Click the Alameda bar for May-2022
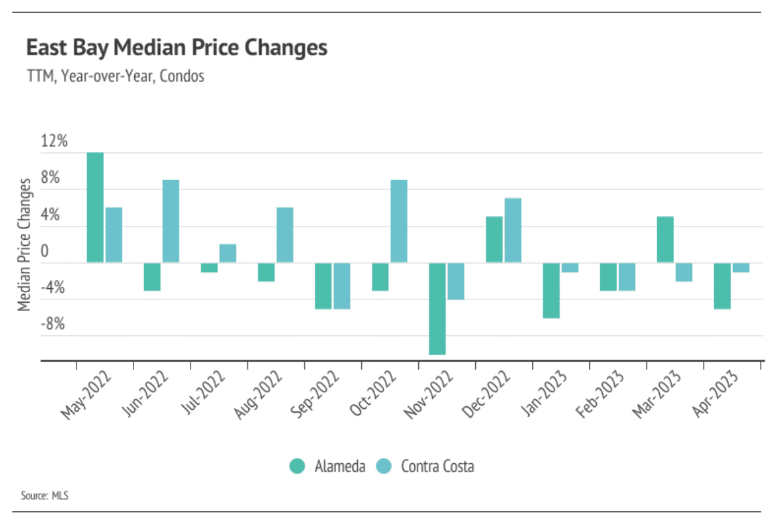click(95, 208)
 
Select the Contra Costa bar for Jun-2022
click(171, 221)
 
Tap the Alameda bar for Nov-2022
click(437, 309)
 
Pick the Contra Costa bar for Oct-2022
click(399, 221)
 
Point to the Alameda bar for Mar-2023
click(665, 240)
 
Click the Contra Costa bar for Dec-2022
click(513, 231)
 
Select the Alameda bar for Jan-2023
click(551, 290)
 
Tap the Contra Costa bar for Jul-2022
click(228, 254)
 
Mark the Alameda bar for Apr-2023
click(722, 286)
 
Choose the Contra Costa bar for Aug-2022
click(285, 235)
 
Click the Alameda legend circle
click(298, 466)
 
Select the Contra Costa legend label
click(437, 466)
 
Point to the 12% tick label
click(54, 141)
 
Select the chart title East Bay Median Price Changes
click(176, 48)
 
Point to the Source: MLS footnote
click(45, 495)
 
